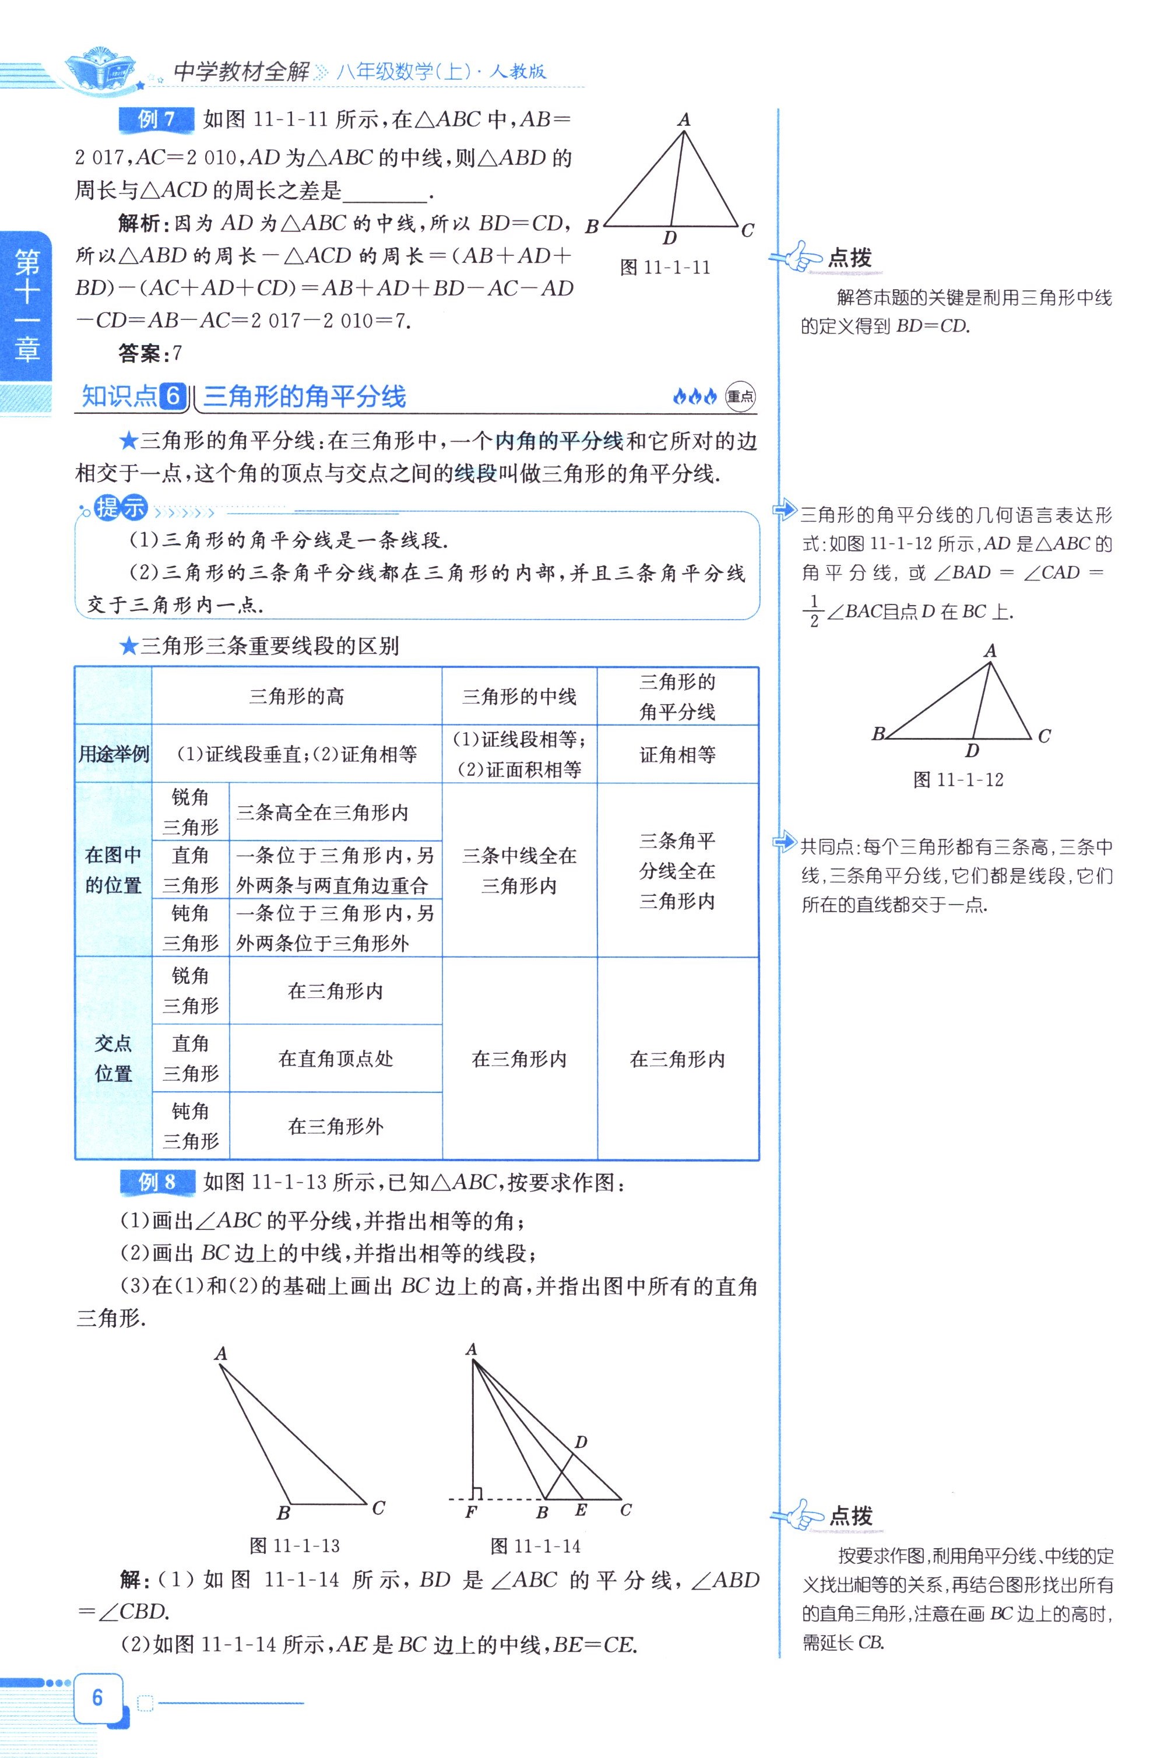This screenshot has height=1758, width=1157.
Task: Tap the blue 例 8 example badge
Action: [157, 1182]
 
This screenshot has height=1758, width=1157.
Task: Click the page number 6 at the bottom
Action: [97, 1697]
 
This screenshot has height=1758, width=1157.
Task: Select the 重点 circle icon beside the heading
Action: [740, 397]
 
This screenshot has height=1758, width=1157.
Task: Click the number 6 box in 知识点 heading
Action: [173, 397]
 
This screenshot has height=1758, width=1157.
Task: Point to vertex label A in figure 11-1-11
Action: [684, 119]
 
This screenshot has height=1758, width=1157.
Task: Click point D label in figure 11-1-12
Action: [972, 751]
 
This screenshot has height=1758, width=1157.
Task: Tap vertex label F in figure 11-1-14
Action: [470, 1512]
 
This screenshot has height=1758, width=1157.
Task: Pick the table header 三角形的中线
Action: [519, 696]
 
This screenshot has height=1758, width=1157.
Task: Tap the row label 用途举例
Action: [113, 754]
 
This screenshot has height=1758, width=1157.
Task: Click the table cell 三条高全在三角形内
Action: [322, 813]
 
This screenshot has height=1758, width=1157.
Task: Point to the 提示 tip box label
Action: [121, 508]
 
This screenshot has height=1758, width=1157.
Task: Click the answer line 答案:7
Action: [150, 354]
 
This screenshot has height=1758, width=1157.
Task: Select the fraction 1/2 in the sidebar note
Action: [814, 610]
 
